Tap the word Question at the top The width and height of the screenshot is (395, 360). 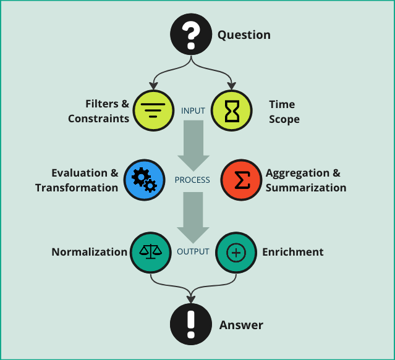click(x=244, y=35)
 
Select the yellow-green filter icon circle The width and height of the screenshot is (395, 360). click(x=150, y=111)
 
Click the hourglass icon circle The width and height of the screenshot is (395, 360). click(x=232, y=111)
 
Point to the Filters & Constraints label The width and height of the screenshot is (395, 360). click(x=99, y=111)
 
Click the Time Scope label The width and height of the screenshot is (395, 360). click(x=284, y=112)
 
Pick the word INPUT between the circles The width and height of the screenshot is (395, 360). click(x=193, y=111)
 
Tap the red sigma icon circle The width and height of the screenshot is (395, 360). click(x=241, y=180)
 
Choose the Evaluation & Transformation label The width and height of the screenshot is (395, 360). click(x=77, y=180)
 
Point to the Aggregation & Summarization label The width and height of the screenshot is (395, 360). click(x=305, y=180)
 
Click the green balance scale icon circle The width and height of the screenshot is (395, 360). click(x=150, y=252)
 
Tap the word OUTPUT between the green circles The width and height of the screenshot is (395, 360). click(x=193, y=252)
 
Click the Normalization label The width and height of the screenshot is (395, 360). click(x=89, y=252)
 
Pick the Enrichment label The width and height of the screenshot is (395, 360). click(x=292, y=252)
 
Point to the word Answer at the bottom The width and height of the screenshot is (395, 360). click(x=241, y=325)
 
